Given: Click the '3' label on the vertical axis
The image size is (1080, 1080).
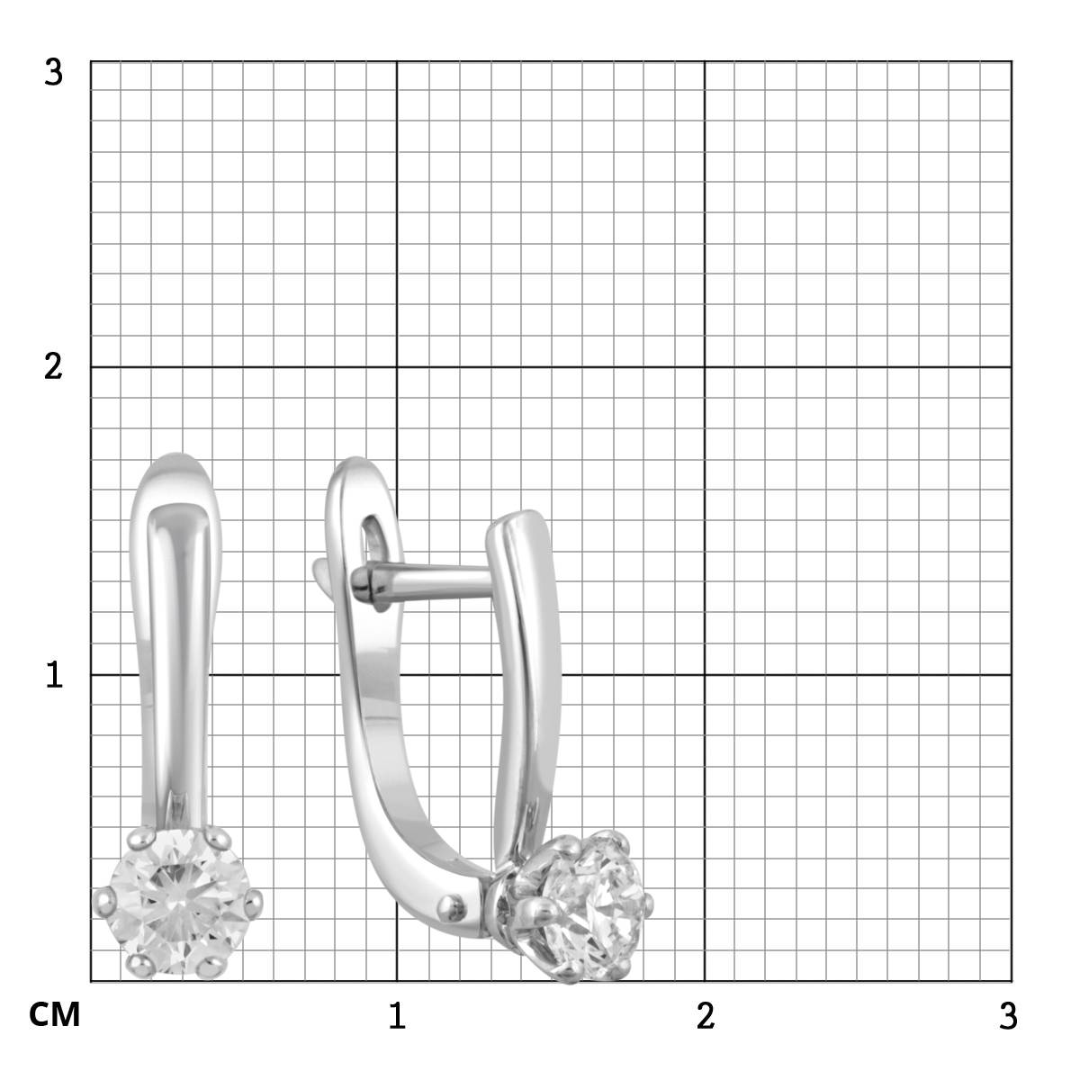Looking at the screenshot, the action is (x=54, y=73).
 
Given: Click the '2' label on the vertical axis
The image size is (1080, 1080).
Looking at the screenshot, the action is (x=54, y=368).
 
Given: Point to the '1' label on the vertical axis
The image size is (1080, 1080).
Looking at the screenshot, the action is (x=54, y=675).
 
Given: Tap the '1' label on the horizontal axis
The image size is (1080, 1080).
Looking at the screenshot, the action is (x=398, y=1015).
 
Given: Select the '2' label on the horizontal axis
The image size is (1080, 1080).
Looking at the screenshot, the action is (x=706, y=1015).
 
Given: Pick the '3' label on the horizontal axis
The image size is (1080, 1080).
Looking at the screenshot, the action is (x=1008, y=1015).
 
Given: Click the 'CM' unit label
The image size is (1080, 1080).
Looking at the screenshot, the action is (x=54, y=1015).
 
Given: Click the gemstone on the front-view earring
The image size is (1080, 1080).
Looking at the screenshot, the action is (x=178, y=902).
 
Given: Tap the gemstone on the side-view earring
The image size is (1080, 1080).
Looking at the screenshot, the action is (x=596, y=902).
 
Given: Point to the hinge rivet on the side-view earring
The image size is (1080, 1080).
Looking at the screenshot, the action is (x=452, y=908).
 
